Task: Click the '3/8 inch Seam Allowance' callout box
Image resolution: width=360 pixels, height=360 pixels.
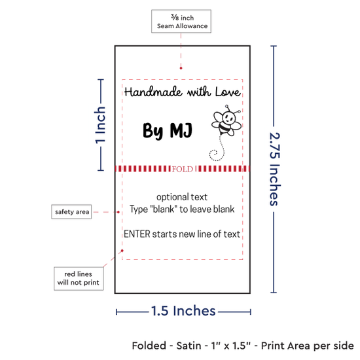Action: [181, 21]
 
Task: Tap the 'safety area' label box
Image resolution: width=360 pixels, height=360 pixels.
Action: [71, 211]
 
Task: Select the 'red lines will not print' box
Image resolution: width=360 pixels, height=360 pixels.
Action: [79, 278]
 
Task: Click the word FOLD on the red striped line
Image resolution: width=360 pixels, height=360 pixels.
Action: [183, 170]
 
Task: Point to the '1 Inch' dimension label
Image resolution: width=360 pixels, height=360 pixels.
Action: [100, 125]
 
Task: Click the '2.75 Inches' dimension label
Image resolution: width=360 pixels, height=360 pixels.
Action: [275, 169]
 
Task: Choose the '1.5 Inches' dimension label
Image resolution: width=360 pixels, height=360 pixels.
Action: [183, 311]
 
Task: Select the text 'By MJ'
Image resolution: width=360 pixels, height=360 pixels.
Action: [168, 130]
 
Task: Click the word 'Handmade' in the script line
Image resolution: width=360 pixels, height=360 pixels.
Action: [153, 92]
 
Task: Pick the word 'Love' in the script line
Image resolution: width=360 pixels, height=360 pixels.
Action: [228, 92]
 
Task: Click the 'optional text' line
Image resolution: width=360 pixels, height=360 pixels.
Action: [182, 197]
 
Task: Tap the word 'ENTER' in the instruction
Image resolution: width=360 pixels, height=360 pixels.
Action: [137, 234]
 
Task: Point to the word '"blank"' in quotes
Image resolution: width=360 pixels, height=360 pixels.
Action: [164, 209]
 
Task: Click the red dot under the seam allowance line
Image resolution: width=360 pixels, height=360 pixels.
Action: [181, 68]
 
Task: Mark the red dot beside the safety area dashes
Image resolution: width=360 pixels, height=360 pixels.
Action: [118, 212]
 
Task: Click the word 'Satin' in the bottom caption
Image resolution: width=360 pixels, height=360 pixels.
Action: [189, 346]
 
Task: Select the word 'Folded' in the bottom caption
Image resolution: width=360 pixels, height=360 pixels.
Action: [149, 346]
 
